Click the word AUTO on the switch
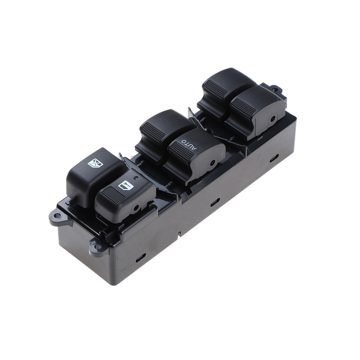coord(189,144)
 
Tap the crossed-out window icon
coord(95,163)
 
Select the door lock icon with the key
coord(126,185)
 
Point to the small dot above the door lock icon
coord(136,178)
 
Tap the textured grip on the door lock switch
coord(113,195)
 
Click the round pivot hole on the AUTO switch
coord(213,163)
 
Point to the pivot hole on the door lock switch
coord(136,208)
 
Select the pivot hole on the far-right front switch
coord(273,119)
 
